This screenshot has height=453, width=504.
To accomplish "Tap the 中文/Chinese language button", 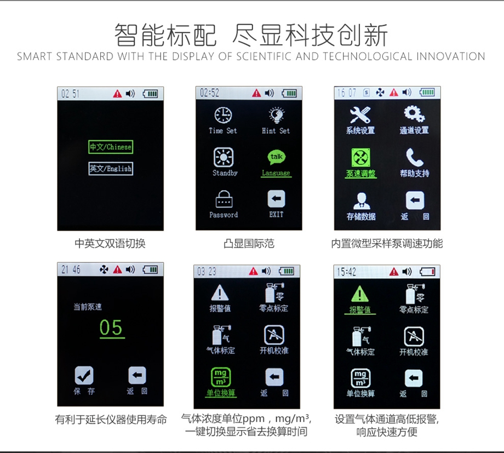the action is [x=111, y=147].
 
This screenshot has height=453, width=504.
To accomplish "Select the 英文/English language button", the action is [x=111, y=169].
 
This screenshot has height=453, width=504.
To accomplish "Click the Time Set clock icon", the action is [x=223, y=115].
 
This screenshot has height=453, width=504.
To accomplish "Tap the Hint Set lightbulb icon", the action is [x=277, y=115].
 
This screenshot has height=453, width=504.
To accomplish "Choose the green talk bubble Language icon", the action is [x=277, y=157].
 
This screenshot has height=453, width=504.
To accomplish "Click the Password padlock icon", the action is [x=224, y=199].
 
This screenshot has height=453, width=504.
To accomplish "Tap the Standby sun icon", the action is [x=224, y=157].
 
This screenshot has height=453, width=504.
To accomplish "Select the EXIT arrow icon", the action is [x=276, y=199].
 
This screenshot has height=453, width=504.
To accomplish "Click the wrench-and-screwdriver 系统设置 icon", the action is [x=360, y=115].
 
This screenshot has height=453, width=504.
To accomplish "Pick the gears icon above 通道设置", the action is [x=414, y=114].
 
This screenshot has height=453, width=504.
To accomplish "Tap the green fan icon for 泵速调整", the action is [x=360, y=158].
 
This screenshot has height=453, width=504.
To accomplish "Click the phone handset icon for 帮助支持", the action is [x=415, y=157].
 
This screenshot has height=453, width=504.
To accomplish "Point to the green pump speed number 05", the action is [x=111, y=328].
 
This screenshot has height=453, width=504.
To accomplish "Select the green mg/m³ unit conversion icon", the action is [x=220, y=377].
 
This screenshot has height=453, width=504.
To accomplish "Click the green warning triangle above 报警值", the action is [x=360, y=294].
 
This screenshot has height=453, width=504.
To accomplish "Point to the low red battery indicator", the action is [x=427, y=272].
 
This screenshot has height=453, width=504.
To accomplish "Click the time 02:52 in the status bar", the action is [x=209, y=93].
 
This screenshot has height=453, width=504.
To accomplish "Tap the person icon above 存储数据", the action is [x=361, y=201].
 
